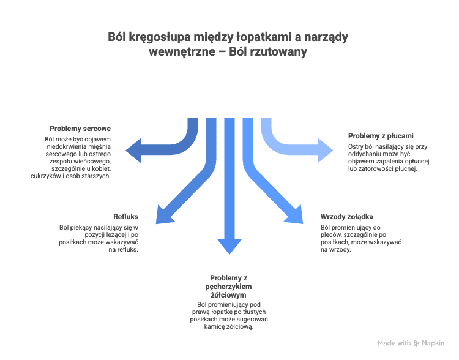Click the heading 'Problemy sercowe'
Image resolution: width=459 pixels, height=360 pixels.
tap(80, 129)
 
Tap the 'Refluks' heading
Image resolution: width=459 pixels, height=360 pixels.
tap(125, 217)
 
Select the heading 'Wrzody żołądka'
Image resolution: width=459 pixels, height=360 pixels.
tap(347, 217)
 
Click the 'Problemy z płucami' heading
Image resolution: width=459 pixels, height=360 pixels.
tap(381, 136)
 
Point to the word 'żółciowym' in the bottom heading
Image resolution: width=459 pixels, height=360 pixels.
tap(229, 295)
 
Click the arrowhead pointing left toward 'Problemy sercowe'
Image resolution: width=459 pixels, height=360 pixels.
tap(134, 151)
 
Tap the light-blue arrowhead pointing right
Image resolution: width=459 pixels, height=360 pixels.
tap(325, 151)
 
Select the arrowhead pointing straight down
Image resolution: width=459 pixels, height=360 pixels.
tap(229, 246)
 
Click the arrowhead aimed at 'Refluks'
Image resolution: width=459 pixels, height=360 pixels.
tap(163, 216)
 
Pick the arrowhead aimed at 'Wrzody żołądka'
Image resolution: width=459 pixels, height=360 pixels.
tap(295, 216)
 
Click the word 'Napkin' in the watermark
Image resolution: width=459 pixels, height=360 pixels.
tap(433, 343)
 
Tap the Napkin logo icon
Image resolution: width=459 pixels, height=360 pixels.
tap(416, 343)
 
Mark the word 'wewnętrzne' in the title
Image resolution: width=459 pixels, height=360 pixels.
tap(182, 52)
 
